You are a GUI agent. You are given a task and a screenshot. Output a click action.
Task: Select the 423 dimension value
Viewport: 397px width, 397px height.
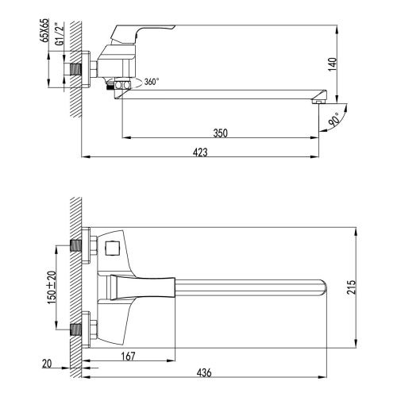(203, 152)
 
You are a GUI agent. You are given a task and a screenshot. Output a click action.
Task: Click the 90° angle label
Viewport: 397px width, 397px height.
(333, 119)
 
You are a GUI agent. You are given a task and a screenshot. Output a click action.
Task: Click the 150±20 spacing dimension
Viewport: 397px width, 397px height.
(51, 287)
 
